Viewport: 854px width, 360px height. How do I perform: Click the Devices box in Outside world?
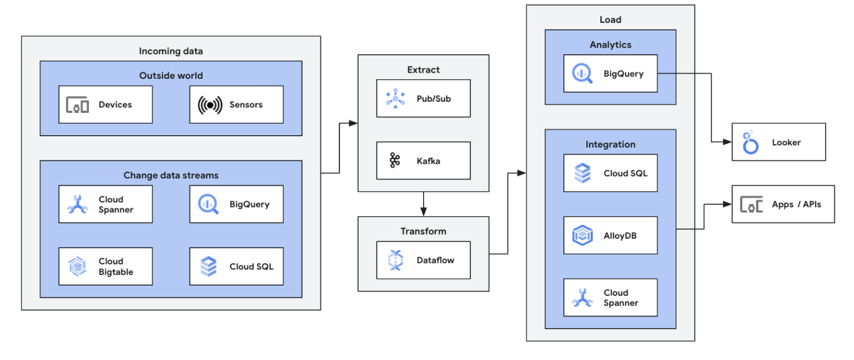[105, 105]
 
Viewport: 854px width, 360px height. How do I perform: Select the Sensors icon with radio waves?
[209, 105]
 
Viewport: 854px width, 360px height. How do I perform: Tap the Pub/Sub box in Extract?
[423, 98]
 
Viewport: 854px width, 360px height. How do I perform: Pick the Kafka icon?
[395, 161]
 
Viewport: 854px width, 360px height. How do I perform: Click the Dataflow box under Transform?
[423, 260]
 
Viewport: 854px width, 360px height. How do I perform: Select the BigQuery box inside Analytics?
[610, 73]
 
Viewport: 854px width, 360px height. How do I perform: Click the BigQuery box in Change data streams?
[236, 204]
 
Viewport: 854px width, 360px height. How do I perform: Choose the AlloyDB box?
[610, 235]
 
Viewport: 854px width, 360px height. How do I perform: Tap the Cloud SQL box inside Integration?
[610, 173]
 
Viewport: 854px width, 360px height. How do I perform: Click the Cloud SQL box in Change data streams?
[236, 266]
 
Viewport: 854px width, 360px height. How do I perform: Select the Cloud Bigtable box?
[105, 266]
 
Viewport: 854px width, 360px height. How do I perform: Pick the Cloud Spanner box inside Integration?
[610, 297]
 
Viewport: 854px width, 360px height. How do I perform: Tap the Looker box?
[779, 142]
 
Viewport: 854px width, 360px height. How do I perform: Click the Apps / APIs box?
[783, 204]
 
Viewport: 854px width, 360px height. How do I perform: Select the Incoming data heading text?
[170, 51]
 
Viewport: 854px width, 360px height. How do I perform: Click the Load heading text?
[610, 20]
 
